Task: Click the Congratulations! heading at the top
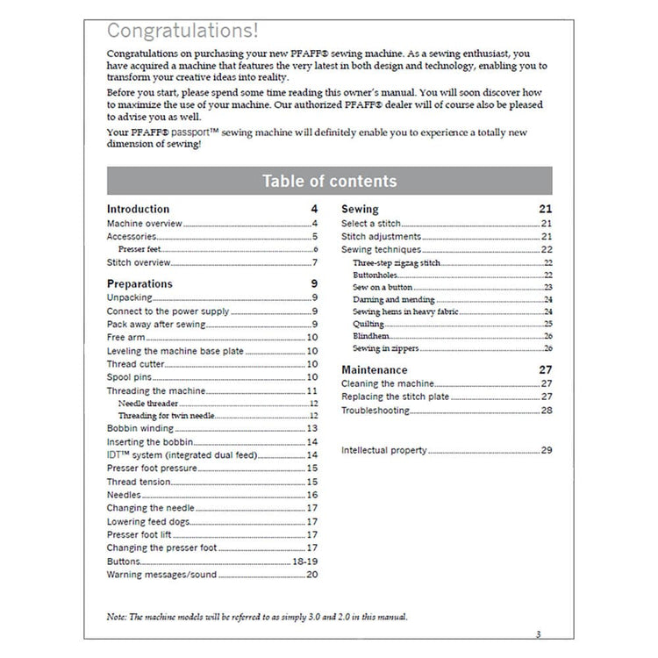(182, 31)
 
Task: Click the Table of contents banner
(329, 182)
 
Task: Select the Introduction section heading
(138, 210)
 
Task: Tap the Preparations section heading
(139, 284)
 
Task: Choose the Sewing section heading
(360, 210)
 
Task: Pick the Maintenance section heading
(374, 370)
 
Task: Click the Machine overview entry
(144, 224)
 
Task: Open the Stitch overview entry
(139, 263)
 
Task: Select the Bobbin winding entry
(139, 428)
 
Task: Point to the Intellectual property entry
(383, 451)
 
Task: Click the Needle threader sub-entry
(145, 403)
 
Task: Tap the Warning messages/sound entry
(161, 575)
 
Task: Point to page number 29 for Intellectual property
(547, 451)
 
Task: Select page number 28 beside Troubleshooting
(547, 411)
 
